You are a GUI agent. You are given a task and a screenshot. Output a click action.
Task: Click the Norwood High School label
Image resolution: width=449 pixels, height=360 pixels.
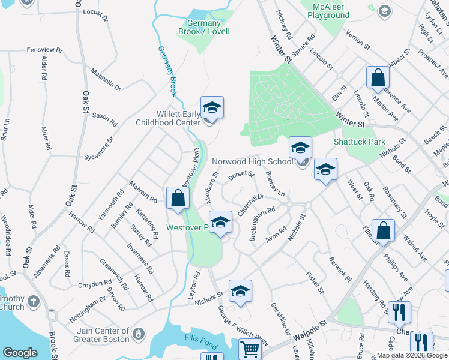coord(252,161)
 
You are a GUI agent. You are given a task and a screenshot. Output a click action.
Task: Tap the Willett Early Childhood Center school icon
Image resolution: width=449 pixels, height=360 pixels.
coord(212,108)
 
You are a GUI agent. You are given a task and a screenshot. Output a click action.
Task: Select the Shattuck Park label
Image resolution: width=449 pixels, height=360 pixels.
coord(359,142)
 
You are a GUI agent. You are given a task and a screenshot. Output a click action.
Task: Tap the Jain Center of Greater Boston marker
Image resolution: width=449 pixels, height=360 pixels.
coord(139,332)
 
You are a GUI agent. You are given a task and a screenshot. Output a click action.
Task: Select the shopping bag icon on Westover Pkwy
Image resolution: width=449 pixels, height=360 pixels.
coord(178,198)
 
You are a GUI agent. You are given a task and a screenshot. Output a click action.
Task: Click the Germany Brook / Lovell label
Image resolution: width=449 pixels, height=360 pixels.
coord(205,28)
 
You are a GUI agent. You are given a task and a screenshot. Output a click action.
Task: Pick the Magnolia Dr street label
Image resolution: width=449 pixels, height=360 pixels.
coord(106,80)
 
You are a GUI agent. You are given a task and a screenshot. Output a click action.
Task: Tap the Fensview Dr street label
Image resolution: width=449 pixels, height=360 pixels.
coord(45,50)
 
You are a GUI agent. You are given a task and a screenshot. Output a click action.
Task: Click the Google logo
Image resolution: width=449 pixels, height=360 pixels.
coord(20,353)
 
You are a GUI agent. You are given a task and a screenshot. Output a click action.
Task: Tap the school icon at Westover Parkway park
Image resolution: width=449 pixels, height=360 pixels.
coord(220,222)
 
